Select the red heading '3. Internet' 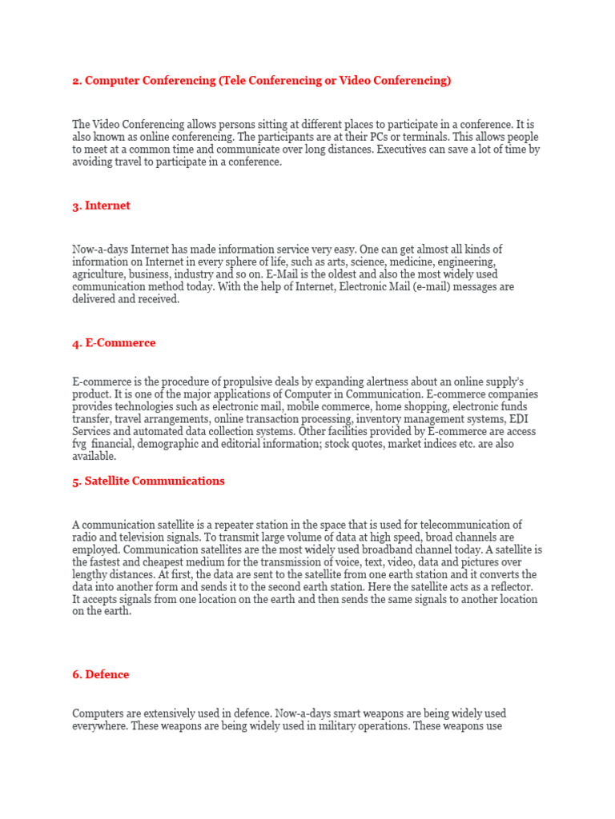tap(101, 206)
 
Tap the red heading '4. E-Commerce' tap(114, 343)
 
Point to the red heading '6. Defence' tap(100, 674)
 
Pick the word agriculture tap(98, 274)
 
